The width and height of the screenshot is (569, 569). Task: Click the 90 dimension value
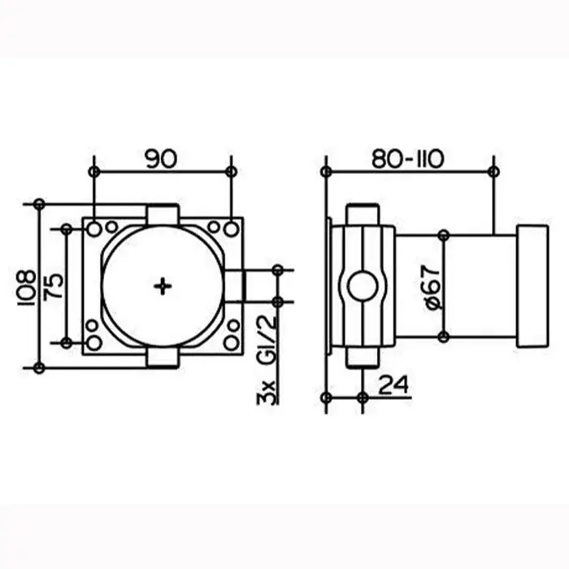tap(162, 159)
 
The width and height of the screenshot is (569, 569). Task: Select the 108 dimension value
tap(27, 288)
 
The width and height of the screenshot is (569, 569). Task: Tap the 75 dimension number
tap(54, 287)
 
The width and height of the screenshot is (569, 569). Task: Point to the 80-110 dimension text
tap(407, 159)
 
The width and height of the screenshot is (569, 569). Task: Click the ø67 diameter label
tap(432, 287)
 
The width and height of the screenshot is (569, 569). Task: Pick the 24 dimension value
tap(393, 384)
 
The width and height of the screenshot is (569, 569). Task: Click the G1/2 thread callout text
tap(267, 340)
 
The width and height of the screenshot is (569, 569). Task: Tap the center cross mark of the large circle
tap(163, 286)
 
